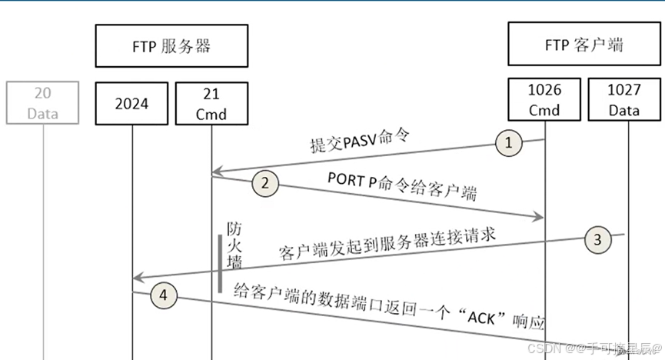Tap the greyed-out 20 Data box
point(43,102)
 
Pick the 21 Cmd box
point(211,102)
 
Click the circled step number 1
point(508,142)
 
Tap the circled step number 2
point(264,183)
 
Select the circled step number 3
point(598,239)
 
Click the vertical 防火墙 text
point(234,247)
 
